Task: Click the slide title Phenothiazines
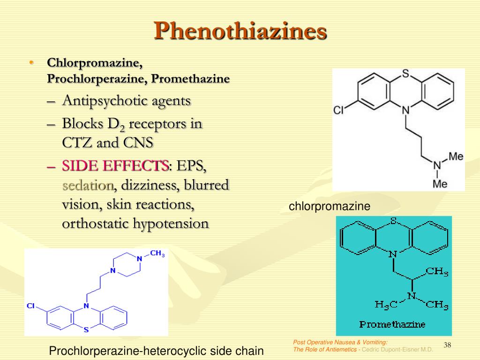[240, 31]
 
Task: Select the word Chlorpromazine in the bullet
[95, 63]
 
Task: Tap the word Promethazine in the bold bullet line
[190, 79]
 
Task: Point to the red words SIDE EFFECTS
[115, 165]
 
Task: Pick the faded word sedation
[88, 185]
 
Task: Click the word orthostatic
[95, 223]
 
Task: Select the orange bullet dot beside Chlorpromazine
[31, 63]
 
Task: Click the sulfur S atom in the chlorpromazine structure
[405, 74]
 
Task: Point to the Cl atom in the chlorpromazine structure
[338, 110]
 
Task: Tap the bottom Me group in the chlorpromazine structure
[440, 184]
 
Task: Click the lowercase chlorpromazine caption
[330, 206]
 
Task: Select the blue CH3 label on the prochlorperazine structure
[157, 253]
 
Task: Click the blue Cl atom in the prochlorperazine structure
[30, 306]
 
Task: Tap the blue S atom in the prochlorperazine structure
[86, 330]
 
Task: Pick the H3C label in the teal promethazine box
[386, 304]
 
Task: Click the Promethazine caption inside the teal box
[392, 324]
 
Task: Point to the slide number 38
[447, 345]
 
